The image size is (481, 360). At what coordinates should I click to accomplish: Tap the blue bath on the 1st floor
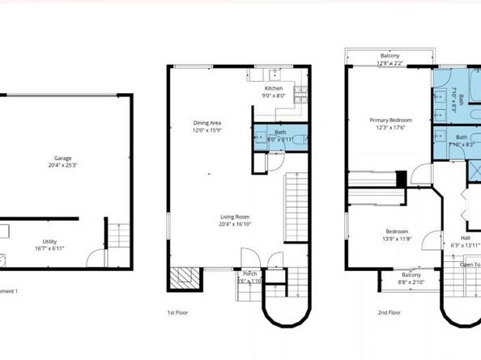pos(280,135)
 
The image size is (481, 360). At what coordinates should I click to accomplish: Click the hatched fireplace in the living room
pos(183,279)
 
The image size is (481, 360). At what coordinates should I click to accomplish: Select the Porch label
pos(250,274)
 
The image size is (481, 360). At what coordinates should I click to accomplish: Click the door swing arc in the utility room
pos(96,259)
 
